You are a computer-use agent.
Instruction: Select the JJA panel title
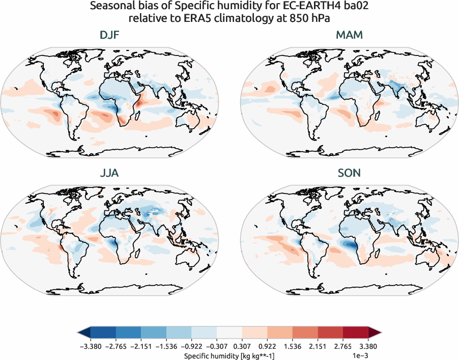click(x=109, y=173)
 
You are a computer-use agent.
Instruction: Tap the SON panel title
click(x=349, y=173)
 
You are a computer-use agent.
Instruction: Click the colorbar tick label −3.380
click(x=90, y=346)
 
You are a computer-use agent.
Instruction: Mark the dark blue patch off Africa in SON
click(x=350, y=246)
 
